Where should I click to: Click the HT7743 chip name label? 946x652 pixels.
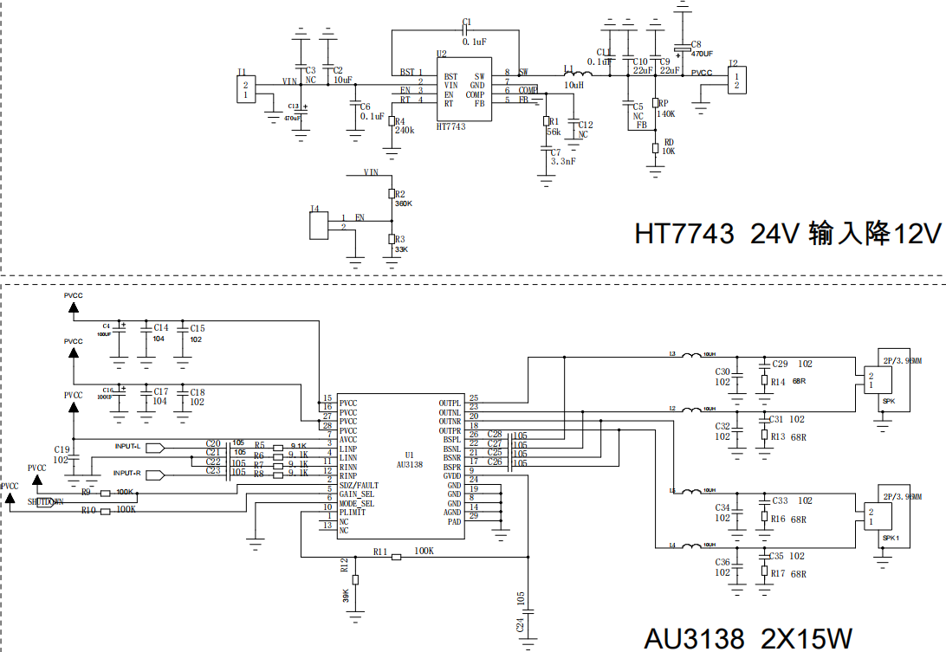(450, 126)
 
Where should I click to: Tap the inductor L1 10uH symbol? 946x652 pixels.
(573, 74)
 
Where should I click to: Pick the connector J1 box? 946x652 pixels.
(246, 90)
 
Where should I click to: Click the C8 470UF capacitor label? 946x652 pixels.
(701, 48)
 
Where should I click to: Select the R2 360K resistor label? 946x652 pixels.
(403, 198)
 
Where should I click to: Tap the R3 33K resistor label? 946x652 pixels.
(401, 243)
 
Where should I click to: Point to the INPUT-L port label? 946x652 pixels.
(127, 446)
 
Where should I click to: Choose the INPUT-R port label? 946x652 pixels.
(127, 474)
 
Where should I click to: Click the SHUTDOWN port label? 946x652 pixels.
(45, 501)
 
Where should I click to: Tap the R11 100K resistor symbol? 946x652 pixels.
(396, 557)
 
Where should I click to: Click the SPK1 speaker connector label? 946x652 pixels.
(891, 538)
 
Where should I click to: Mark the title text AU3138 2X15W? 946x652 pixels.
(748, 638)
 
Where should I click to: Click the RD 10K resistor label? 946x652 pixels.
(668, 146)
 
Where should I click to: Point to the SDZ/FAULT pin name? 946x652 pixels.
(358, 485)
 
